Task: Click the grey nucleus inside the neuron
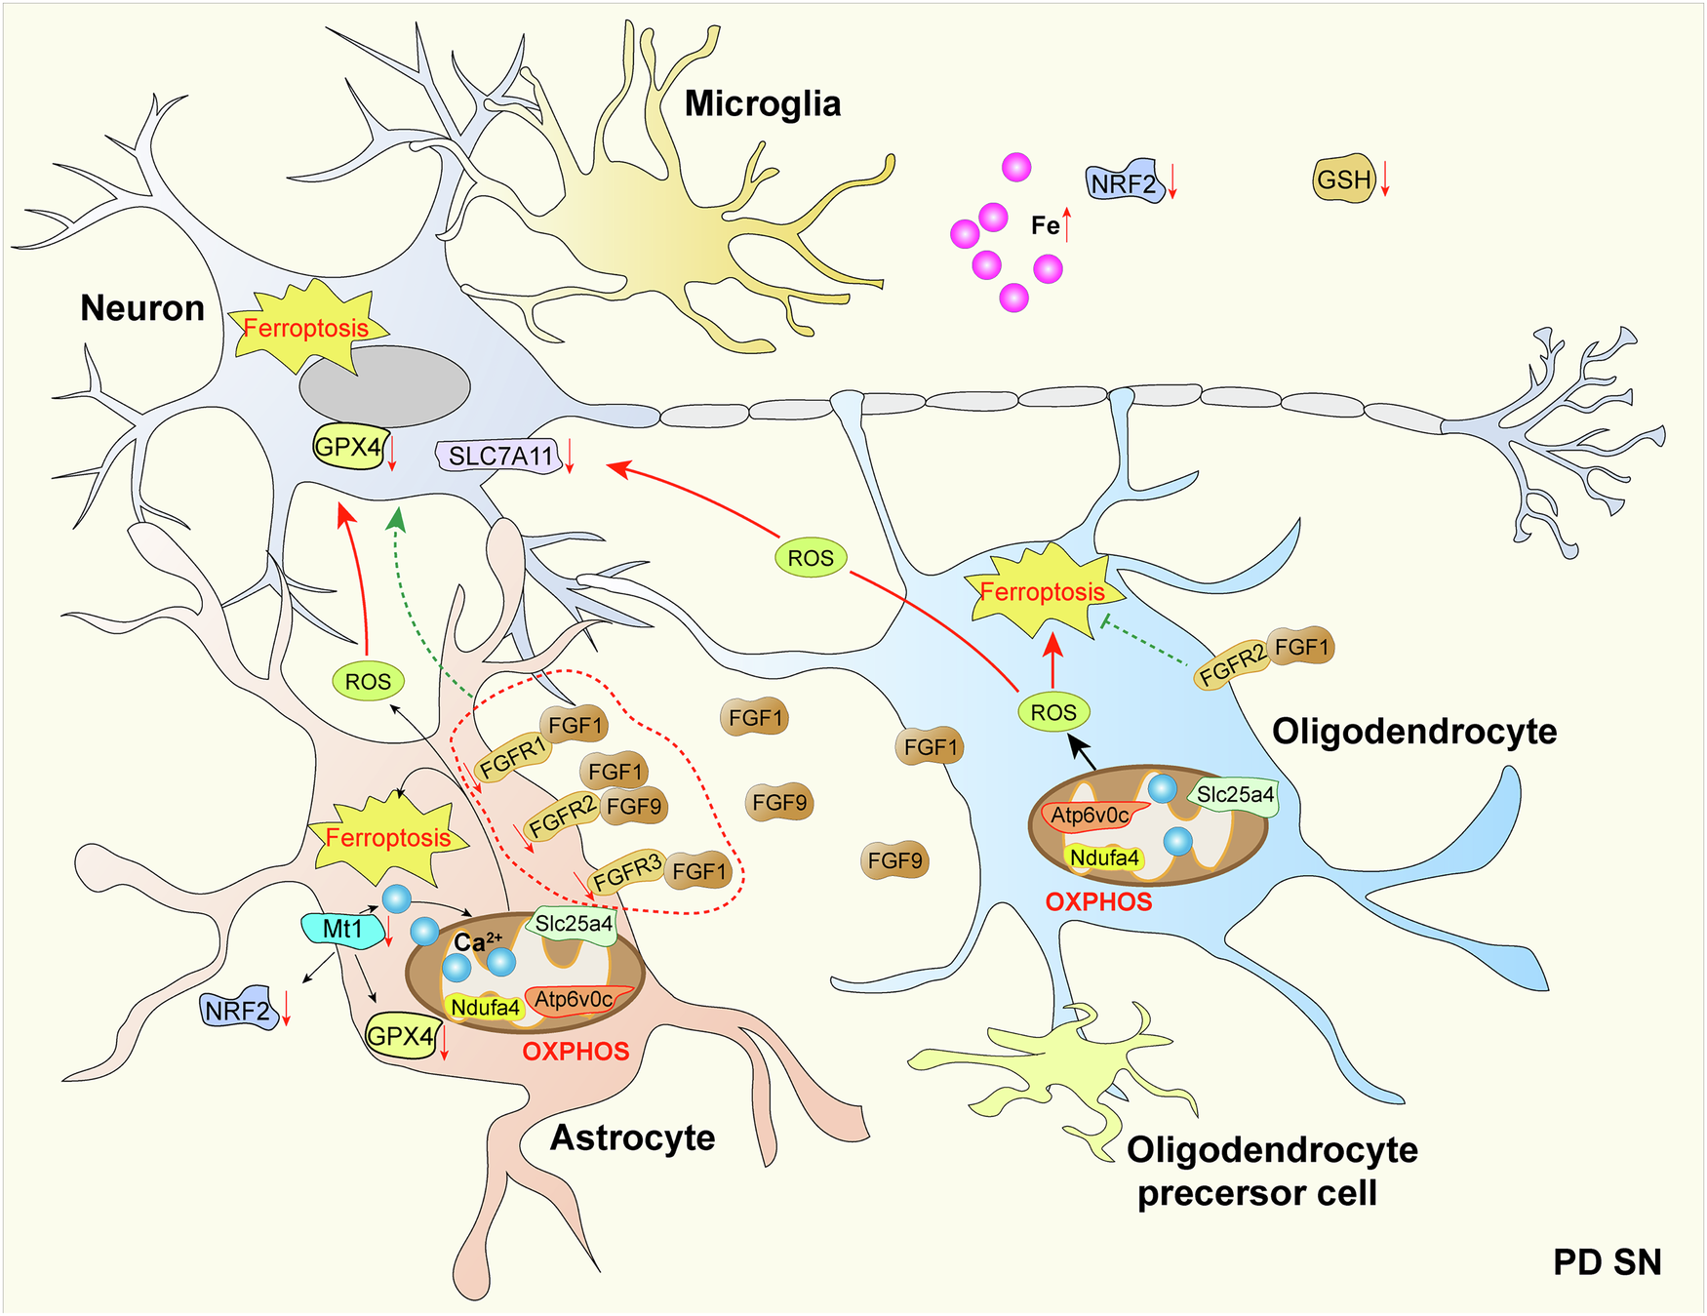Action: [x=384, y=386]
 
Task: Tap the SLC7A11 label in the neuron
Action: [x=499, y=456]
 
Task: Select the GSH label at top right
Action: [x=1343, y=179]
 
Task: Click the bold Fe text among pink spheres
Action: [x=1045, y=226]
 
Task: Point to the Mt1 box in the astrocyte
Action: [x=340, y=929]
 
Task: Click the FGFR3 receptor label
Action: [x=627, y=870]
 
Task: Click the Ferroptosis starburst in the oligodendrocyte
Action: [x=1042, y=591]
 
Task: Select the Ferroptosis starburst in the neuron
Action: [x=305, y=328]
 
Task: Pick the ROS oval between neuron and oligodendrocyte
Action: [x=811, y=558]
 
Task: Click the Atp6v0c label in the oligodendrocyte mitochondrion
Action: [x=1090, y=816]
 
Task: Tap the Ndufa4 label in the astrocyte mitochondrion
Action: [x=485, y=1007]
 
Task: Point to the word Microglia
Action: [x=762, y=103]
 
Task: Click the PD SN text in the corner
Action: [x=1607, y=1261]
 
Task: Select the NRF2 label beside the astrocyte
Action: [x=237, y=1010]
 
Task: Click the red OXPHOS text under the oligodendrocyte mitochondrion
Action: [x=1098, y=901]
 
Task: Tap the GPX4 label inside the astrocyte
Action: [x=399, y=1036]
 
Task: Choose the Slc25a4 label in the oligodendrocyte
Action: [x=1234, y=795]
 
